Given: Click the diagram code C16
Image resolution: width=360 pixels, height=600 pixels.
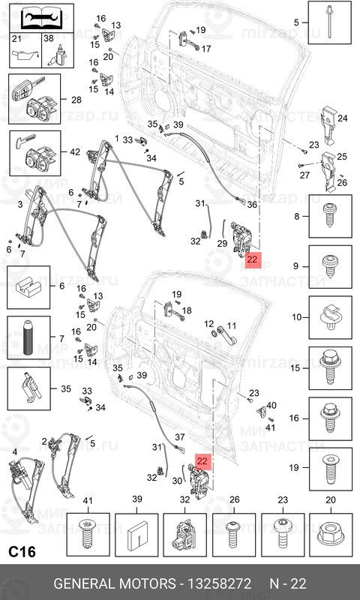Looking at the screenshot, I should click(22, 552).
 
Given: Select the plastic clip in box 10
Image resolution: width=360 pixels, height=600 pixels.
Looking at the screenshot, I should click(329, 318).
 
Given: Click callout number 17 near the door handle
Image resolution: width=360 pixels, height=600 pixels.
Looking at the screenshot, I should click(206, 49).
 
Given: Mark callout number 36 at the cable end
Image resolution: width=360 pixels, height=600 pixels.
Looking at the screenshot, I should click(252, 204).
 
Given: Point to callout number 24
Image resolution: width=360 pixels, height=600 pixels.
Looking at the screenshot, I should click(343, 118).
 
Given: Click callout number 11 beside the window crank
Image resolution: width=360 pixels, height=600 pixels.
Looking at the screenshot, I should click(232, 325).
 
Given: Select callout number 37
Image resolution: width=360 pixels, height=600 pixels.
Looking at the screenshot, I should click(179, 437).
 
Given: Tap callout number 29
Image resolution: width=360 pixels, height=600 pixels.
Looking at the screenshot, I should click(221, 244).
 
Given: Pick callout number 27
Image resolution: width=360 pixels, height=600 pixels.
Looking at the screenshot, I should click(304, 175).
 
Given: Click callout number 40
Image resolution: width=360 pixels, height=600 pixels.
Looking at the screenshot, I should click(271, 405).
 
